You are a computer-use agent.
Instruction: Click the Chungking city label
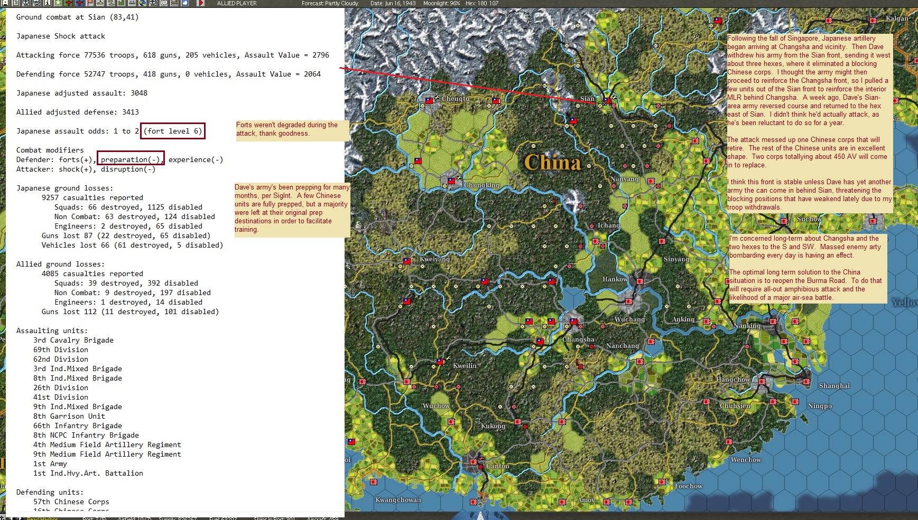[481, 185]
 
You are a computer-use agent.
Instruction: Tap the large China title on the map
[552, 162]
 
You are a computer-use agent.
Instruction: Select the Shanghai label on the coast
[834, 386]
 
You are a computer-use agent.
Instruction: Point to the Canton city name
[498, 466]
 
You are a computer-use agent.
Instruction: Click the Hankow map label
[615, 279]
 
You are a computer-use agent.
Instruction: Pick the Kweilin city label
[465, 366]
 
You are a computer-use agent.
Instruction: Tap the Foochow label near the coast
[688, 486]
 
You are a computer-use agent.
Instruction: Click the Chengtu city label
[455, 99]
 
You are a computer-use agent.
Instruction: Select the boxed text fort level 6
[172, 131]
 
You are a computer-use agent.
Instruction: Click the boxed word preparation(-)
[131, 159]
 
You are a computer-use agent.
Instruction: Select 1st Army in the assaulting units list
[50, 464]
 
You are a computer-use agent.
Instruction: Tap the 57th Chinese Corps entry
[71, 502]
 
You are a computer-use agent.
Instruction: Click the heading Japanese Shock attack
[60, 36]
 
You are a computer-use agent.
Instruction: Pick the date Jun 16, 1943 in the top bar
[393, 3]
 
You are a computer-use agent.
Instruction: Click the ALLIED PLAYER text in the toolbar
[237, 3]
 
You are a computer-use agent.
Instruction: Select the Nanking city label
[747, 326]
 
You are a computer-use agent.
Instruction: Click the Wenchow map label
[745, 460]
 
